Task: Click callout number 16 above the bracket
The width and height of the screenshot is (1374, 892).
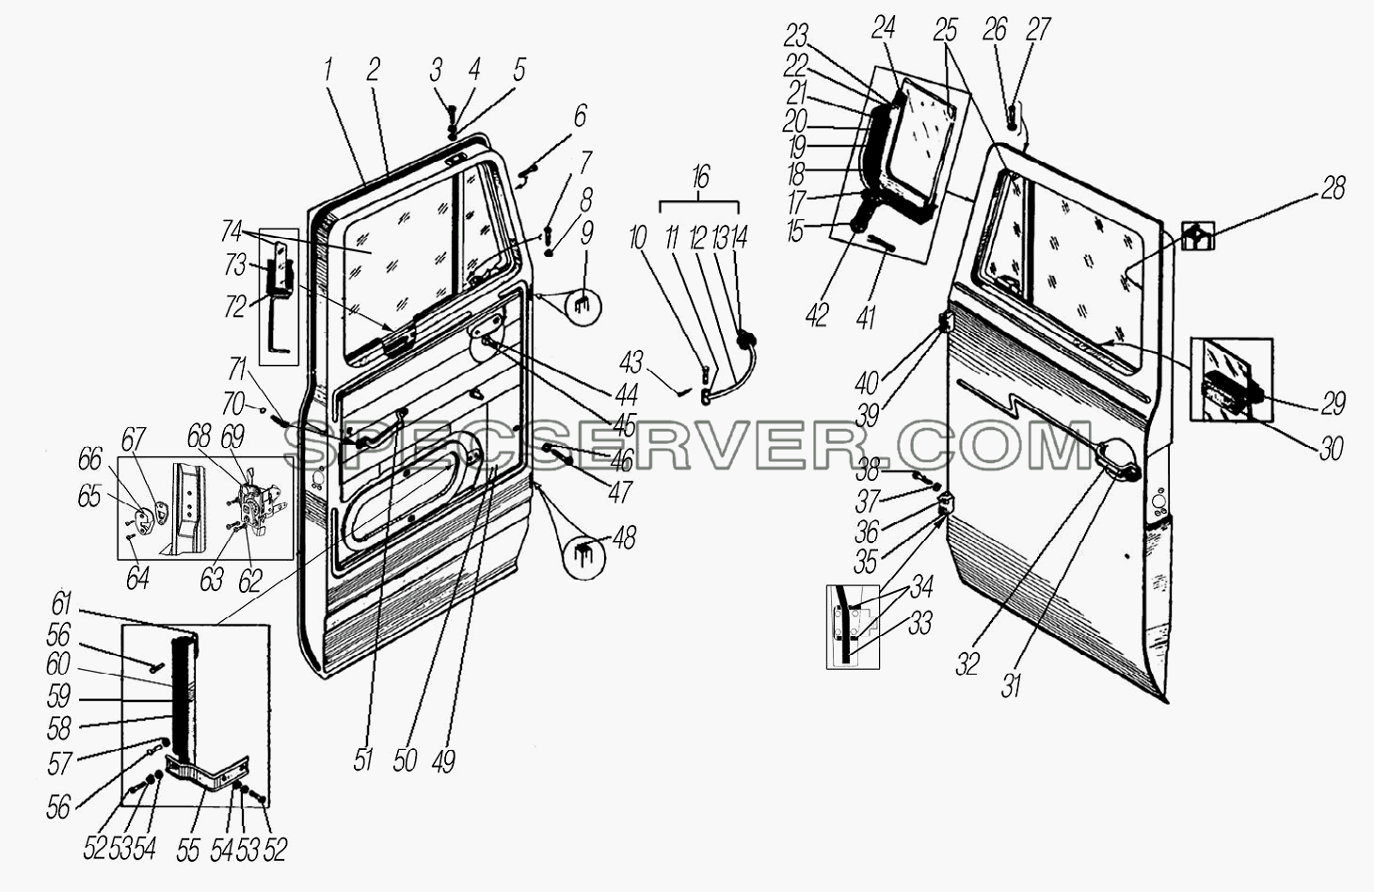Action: click(700, 178)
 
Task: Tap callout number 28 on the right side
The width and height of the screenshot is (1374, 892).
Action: click(1333, 189)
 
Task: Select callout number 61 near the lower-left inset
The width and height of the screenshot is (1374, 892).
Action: click(61, 605)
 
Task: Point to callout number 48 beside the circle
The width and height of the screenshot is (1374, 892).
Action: click(624, 538)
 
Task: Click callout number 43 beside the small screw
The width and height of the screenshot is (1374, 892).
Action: click(631, 362)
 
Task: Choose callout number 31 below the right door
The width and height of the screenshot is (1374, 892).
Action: click(1010, 685)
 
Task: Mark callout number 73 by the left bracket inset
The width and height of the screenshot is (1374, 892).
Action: click(235, 265)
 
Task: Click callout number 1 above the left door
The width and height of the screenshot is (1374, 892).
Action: click(328, 70)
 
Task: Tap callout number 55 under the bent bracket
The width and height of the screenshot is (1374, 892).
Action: click(187, 851)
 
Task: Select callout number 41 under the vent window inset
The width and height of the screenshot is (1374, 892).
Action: click(866, 319)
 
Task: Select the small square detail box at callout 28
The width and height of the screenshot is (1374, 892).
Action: click(1198, 235)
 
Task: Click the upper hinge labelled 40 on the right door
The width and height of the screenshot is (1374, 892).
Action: click(945, 321)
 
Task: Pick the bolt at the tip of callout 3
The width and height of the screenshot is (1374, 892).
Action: click(451, 114)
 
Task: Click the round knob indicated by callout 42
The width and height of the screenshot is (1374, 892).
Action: click(858, 223)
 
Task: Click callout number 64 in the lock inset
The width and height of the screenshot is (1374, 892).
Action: click(137, 578)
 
